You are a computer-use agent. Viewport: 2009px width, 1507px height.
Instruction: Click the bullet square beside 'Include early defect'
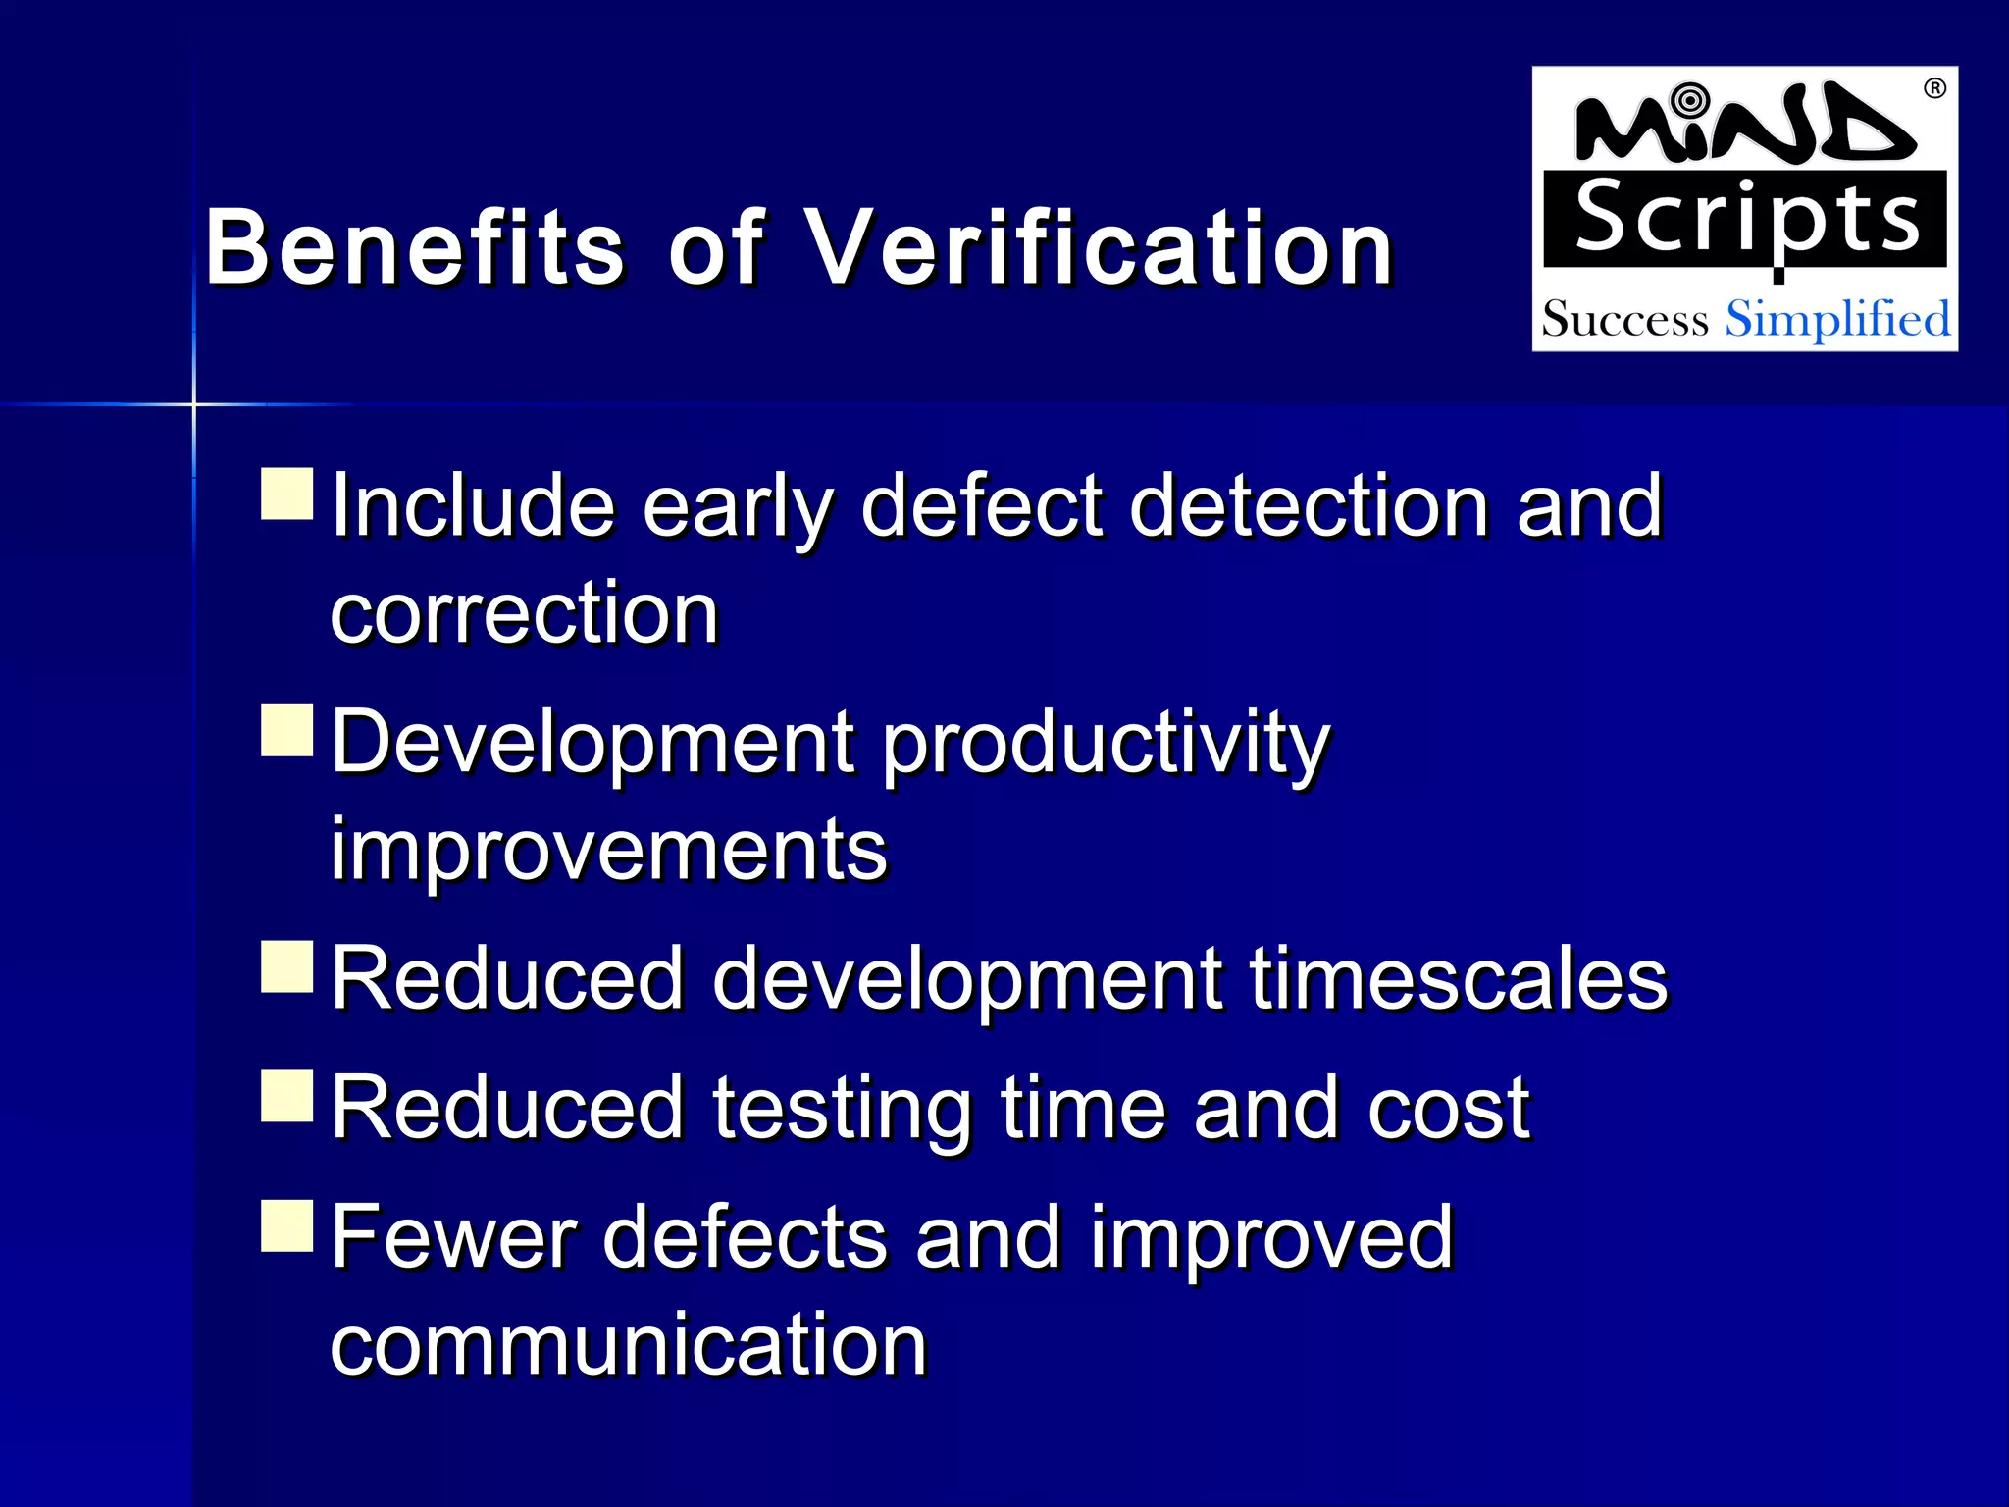coord(287,494)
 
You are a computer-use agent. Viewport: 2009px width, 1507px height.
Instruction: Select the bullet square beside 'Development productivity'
coord(287,731)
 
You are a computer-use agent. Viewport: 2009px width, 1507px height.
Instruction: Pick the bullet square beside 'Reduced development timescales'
coord(287,967)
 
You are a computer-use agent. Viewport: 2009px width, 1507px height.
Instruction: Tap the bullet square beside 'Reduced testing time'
coord(287,1096)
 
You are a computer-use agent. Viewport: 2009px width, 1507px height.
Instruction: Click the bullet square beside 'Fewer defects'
coord(287,1226)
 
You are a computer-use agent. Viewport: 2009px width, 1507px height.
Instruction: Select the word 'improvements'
coord(608,850)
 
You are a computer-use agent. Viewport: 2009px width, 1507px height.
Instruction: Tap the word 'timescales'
coord(1459,978)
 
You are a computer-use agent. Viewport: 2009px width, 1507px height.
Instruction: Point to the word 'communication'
coord(629,1345)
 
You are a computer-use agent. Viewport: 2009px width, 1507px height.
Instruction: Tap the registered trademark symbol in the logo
coord(1934,89)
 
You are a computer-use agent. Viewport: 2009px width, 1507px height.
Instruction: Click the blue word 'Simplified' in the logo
coord(1837,320)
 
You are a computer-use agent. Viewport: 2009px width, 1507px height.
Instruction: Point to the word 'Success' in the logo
coord(1624,320)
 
